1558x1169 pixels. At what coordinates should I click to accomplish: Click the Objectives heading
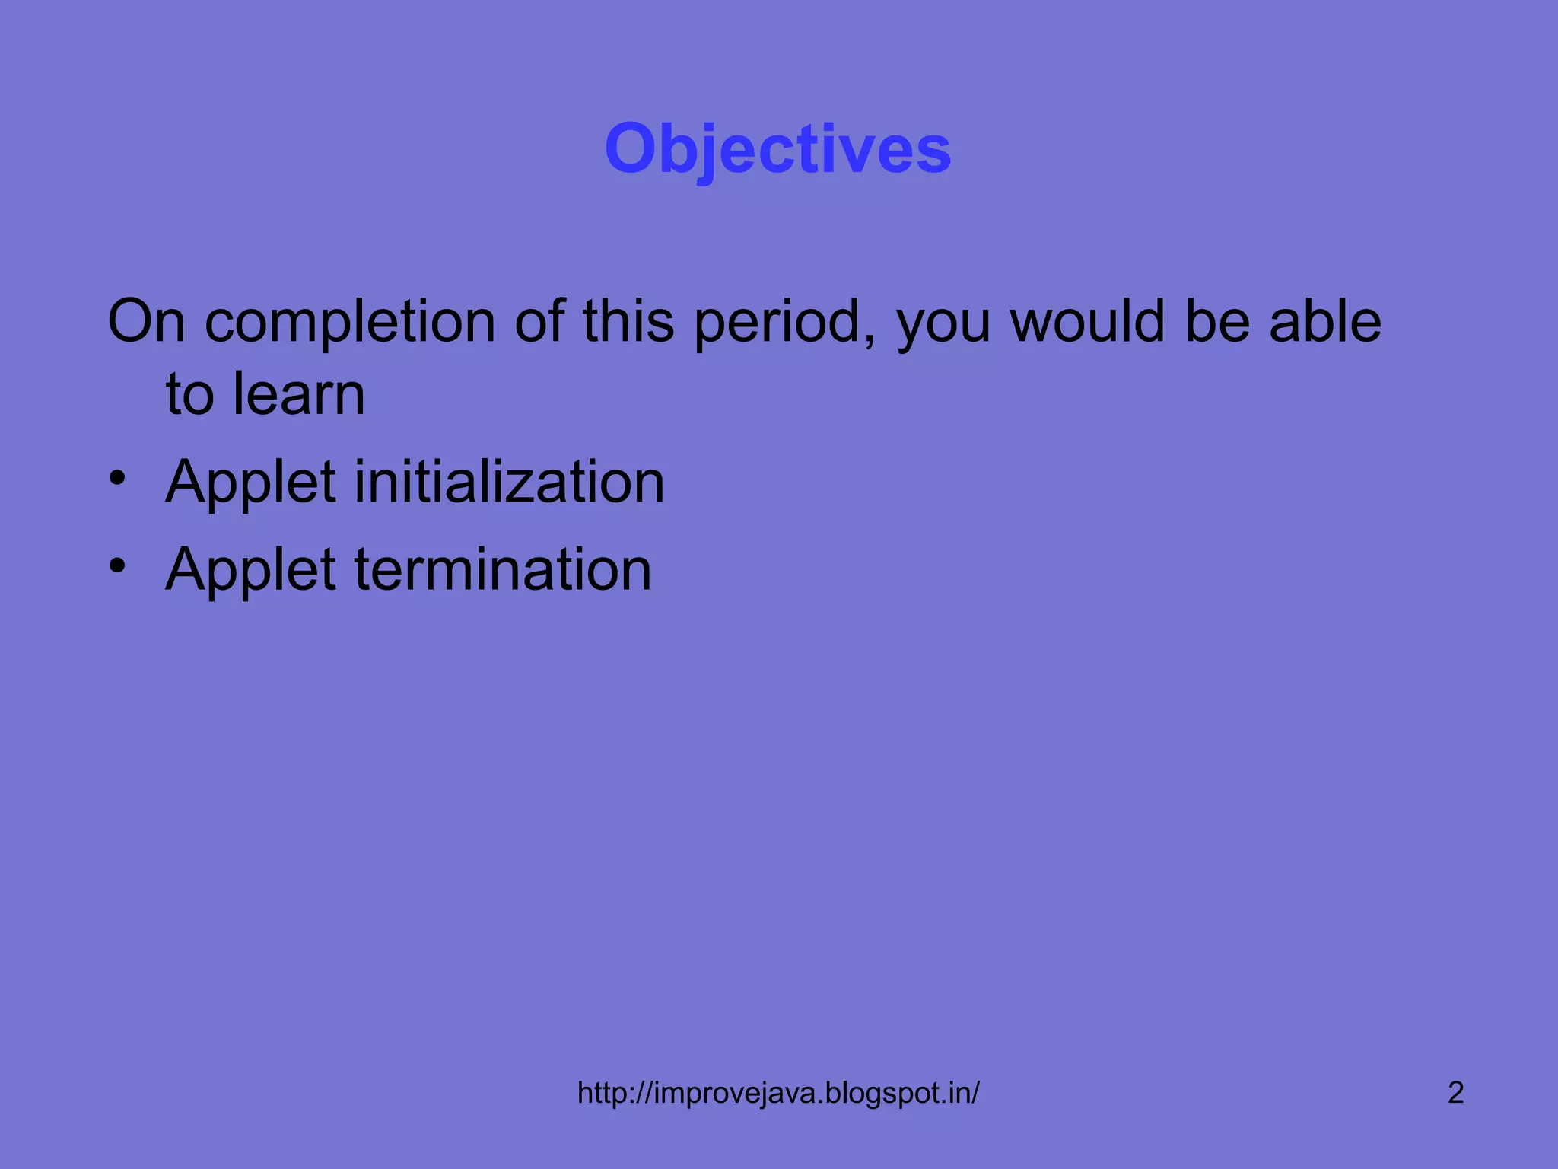[777, 149]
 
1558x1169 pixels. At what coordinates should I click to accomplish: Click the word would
[1088, 321]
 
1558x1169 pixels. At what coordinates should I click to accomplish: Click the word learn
[299, 394]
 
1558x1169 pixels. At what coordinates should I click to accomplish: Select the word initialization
[509, 482]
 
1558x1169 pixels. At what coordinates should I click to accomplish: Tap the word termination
[503, 569]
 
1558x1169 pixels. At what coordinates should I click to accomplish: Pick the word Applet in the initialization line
[250, 483]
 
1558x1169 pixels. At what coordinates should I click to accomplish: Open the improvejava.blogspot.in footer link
[777, 1093]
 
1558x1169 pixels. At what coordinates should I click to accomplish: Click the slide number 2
[1455, 1093]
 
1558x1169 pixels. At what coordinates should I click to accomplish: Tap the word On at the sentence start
[146, 321]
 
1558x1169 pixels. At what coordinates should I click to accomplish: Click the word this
[628, 321]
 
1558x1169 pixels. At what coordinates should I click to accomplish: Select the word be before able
[1217, 321]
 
